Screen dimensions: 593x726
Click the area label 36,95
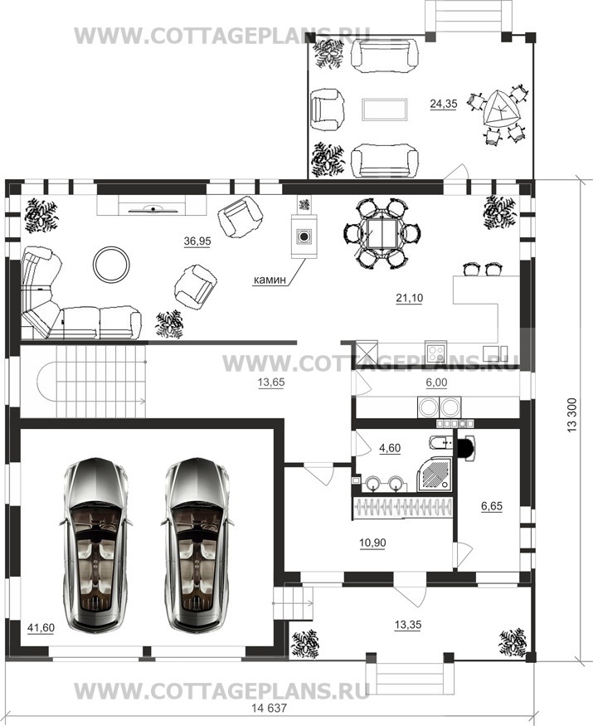pyautogui.click(x=197, y=241)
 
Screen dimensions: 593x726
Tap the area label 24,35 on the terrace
pyautogui.click(x=444, y=105)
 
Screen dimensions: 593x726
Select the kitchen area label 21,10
pyautogui.click(x=409, y=298)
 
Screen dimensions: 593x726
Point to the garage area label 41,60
pyautogui.click(x=41, y=628)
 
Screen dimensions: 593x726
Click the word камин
pyautogui.click(x=270, y=280)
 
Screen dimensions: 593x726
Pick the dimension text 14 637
pyautogui.click(x=270, y=709)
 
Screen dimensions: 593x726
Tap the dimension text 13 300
pyautogui.click(x=572, y=415)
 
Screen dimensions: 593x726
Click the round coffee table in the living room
pyautogui.click(x=111, y=265)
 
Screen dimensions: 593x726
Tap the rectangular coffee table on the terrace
pyautogui.click(x=385, y=110)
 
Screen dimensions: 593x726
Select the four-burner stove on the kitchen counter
pyautogui.click(x=436, y=352)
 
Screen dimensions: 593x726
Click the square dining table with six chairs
pyautogui.click(x=383, y=234)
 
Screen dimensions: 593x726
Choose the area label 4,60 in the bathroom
pyautogui.click(x=390, y=449)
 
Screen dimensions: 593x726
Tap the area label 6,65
pyautogui.click(x=492, y=506)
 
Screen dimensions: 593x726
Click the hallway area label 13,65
pyautogui.click(x=271, y=382)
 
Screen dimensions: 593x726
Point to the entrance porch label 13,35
pyautogui.click(x=408, y=625)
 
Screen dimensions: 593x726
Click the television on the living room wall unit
pyautogui.click(x=152, y=209)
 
